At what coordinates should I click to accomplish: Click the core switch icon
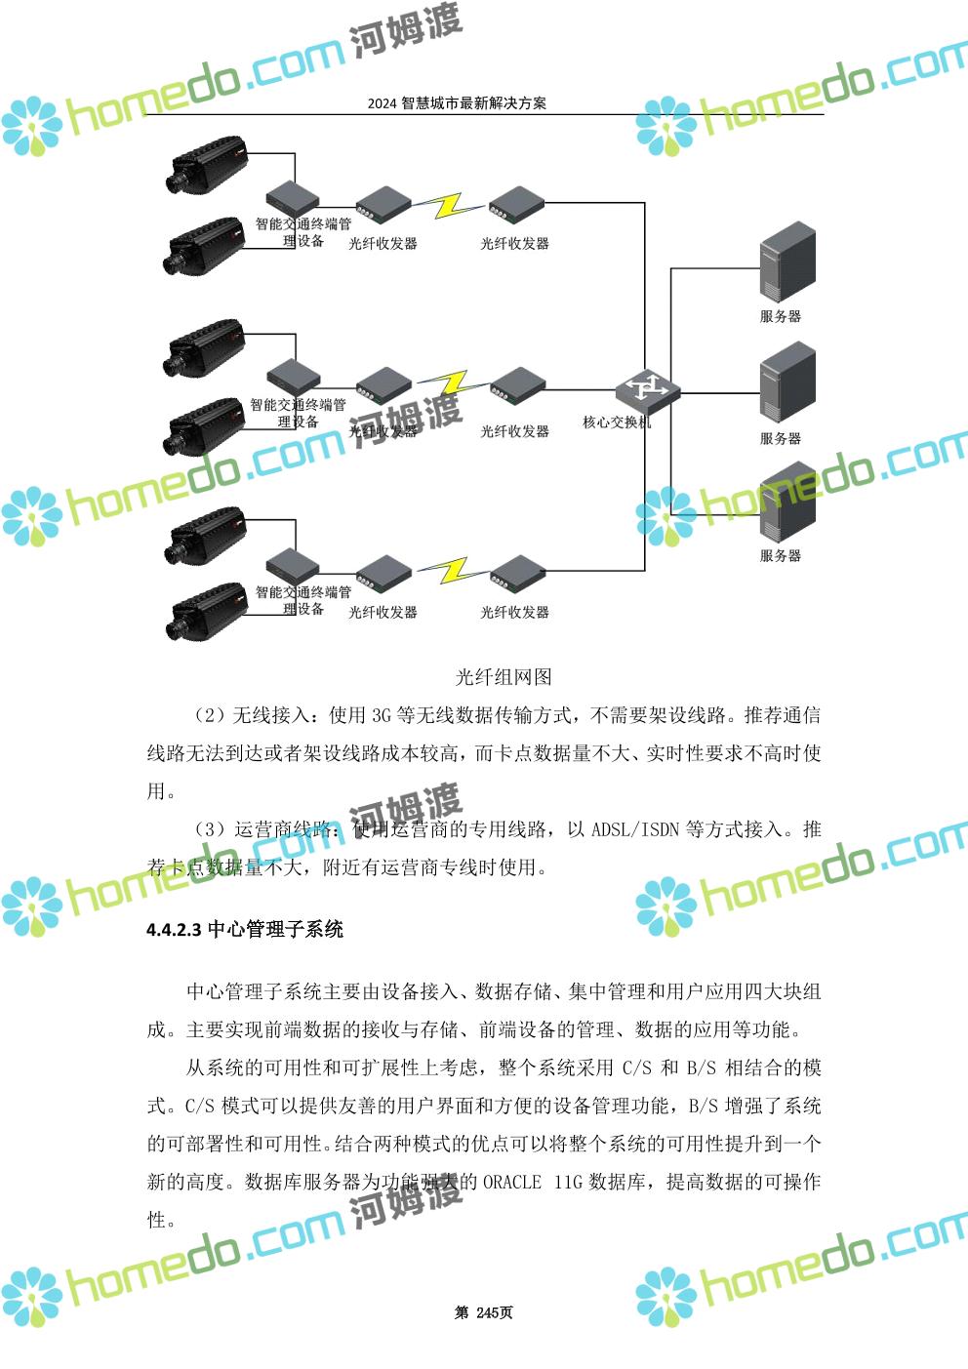[x=646, y=390]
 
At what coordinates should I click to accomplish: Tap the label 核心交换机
[x=617, y=423]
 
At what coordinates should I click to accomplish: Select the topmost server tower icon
[x=786, y=261]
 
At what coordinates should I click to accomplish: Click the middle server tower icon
[x=786, y=382]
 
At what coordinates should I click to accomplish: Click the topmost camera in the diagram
[x=208, y=162]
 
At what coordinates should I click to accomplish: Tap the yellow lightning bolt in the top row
[x=449, y=205]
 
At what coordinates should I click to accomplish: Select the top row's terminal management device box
[x=294, y=194]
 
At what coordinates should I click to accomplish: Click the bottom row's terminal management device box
[x=294, y=565]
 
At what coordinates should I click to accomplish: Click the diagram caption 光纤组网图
[x=504, y=677]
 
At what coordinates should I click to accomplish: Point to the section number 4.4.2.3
[x=174, y=930]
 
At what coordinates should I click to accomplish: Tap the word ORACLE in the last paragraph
[x=512, y=1182]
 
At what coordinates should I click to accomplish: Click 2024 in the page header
[x=382, y=103]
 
